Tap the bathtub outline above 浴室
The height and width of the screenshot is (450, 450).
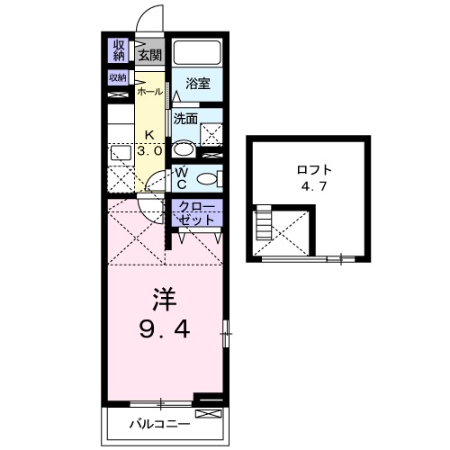tap(196, 53)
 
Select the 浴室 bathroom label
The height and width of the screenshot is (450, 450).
tap(197, 84)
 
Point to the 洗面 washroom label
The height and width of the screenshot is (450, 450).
tap(185, 118)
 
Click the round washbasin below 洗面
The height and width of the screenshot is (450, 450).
tap(184, 149)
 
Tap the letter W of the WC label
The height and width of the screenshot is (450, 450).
tap(181, 172)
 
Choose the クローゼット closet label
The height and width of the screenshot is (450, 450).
tap(196, 213)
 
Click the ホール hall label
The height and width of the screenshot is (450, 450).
tap(150, 92)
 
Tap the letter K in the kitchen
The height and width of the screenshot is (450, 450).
tap(150, 137)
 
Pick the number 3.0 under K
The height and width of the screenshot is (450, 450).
tap(150, 151)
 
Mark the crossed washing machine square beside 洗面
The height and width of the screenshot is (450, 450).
tap(213, 134)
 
